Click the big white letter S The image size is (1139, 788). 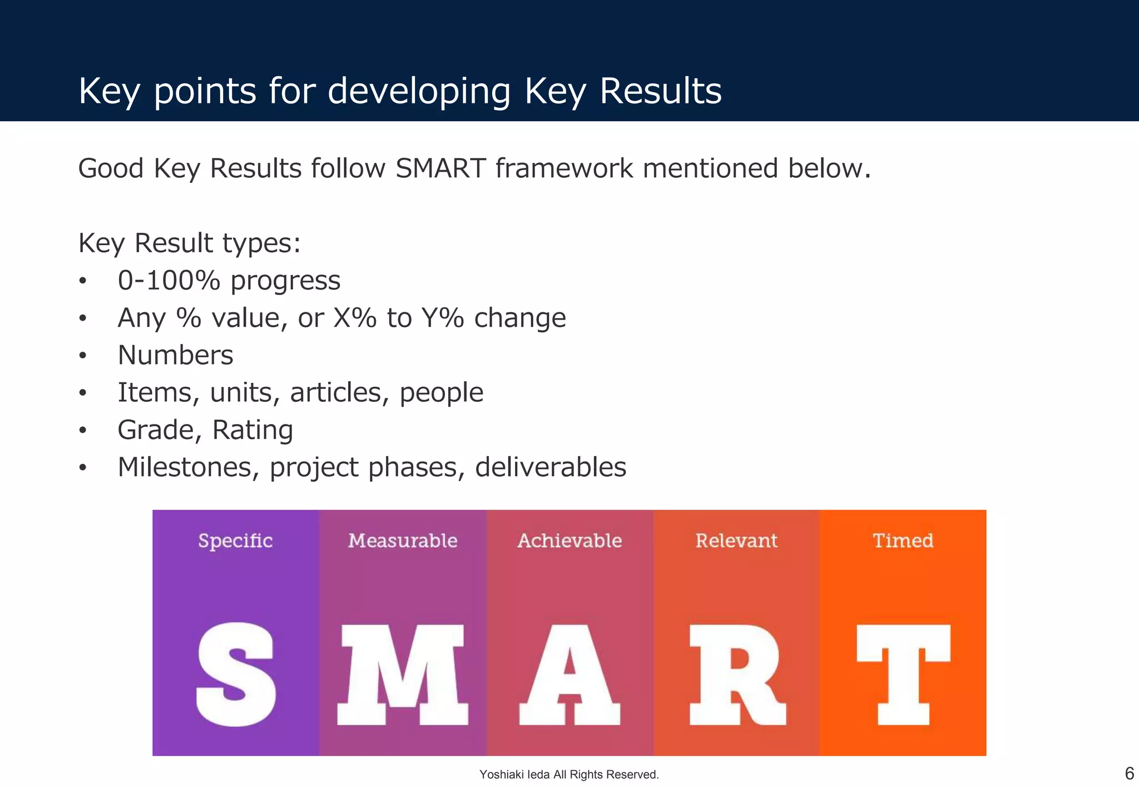(x=236, y=674)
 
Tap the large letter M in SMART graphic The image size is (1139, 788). (x=403, y=674)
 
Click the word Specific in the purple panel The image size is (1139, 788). (x=235, y=541)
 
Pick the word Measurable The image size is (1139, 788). (x=403, y=540)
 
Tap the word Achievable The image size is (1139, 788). (x=569, y=540)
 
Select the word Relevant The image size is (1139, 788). (x=736, y=540)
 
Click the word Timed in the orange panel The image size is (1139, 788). (x=903, y=540)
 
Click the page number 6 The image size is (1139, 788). (x=1129, y=773)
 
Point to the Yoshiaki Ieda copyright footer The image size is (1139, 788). (x=569, y=774)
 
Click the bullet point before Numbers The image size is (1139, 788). (x=83, y=356)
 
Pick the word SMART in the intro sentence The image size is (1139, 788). (x=440, y=168)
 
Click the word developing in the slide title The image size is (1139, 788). (x=419, y=91)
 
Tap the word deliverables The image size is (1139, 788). (x=551, y=467)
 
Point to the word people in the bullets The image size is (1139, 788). (x=441, y=393)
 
